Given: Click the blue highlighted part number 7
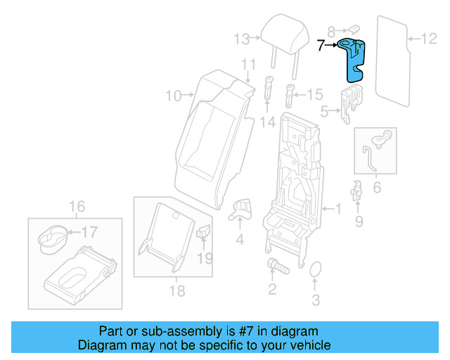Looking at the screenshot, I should (355, 60).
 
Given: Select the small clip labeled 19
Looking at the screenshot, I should (205, 231).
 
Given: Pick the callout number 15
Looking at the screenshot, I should (314, 93).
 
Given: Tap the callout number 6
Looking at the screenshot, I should (376, 188).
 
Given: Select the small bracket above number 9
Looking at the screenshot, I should (356, 190).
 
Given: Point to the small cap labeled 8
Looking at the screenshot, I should (355, 29).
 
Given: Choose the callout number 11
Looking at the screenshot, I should (247, 65).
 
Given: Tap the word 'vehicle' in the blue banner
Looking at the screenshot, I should (307, 345).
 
